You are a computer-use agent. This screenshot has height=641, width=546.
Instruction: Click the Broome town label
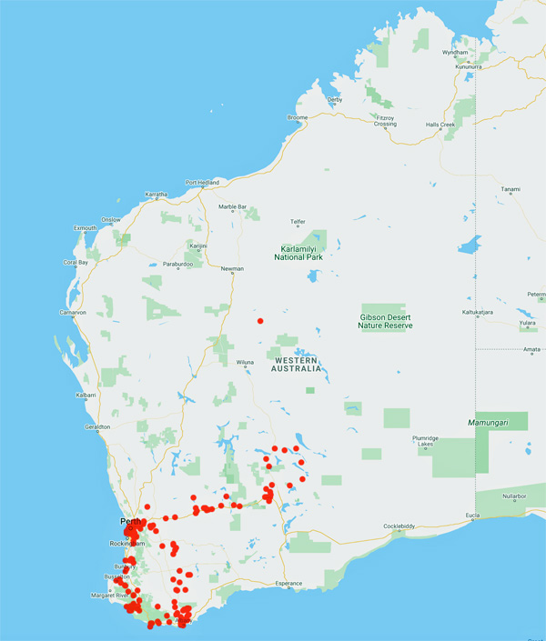click(298, 117)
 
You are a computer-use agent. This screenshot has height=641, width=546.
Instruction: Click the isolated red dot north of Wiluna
click(260, 321)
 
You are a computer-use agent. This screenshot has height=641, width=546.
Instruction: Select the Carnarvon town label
click(72, 312)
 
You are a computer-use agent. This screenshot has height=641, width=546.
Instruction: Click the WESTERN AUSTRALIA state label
click(298, 365)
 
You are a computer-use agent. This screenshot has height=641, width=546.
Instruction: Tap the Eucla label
click(472, 516)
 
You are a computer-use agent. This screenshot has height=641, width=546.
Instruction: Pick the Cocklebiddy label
click(404, 526)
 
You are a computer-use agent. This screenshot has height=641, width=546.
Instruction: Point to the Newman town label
click(232, 268)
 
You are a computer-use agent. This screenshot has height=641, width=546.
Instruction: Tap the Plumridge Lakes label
click(427, 441)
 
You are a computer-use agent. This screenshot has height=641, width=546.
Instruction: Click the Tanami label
click(510, 189)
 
